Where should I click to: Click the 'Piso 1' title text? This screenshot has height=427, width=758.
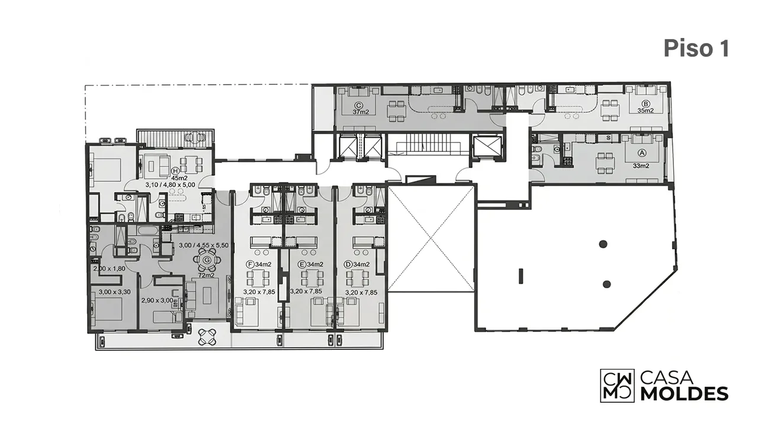pos(696,49)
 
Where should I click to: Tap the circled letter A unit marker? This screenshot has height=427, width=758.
pos(641,153)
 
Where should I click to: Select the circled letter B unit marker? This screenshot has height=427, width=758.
pos(645,103)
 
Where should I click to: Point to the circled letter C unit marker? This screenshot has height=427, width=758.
pos(359,105)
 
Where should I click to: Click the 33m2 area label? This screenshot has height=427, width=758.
pos(641,166)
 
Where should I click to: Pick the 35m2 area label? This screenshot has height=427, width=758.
pos(645,110)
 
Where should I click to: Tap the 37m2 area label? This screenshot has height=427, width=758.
pos(361,112)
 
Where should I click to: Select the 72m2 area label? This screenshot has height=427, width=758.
pos(206,275)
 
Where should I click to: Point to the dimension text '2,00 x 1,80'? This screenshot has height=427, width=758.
pos(110,269)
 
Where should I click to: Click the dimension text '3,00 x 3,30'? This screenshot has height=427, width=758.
pos(115,292)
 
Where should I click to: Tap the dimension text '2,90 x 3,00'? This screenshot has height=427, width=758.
pos(158,301)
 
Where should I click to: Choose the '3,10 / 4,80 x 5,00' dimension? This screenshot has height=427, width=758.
pos(170,185)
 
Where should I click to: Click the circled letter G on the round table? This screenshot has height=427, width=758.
pos(207,260)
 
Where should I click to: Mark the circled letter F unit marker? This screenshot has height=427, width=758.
pos(250,264)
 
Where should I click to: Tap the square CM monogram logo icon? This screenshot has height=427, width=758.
pos(617,385)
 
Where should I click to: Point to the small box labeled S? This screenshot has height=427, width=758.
pos(608,138)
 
